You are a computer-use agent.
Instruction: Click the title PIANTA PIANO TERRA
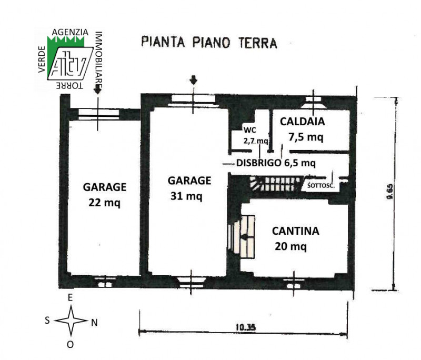point(209,43)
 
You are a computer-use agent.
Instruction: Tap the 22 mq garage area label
point(104,203)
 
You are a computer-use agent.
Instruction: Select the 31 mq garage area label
point(186,196)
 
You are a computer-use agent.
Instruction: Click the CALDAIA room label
point(302,122)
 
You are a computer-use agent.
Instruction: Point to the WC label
point(249,130)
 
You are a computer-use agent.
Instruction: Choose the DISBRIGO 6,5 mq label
point(276,163)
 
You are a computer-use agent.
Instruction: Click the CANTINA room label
point(296,231)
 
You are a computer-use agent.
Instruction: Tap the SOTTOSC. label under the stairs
point(321,185)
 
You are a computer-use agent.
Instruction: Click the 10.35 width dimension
point(246,327)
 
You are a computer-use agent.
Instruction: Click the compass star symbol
point(71,321)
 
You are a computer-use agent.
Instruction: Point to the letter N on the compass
point(94,323)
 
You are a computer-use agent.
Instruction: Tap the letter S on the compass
point(47,320)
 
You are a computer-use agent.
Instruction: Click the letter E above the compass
point(71,298)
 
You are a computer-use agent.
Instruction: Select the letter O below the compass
point(71,344)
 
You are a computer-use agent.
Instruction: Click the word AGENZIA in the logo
point(70,32)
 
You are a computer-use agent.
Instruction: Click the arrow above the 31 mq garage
point(193,81)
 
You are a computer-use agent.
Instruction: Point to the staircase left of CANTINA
point(242,236)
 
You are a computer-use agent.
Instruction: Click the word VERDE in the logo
point(42,59)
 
